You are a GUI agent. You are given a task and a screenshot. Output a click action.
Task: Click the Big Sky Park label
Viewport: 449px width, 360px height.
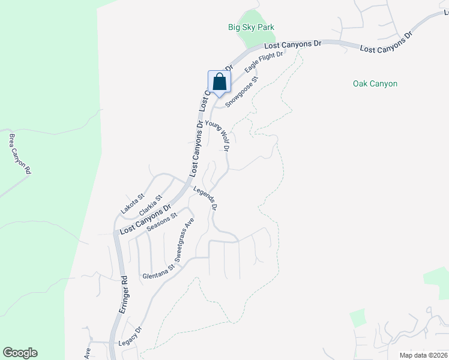[x=251, y=27]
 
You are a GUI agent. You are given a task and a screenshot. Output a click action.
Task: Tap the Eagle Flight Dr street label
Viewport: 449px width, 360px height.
[x=264, y=62]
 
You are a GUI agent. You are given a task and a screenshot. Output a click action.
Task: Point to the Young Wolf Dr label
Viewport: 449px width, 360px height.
[x=218, y=136]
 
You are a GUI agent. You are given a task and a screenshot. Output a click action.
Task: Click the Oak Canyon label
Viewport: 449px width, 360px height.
[x=375, y=83]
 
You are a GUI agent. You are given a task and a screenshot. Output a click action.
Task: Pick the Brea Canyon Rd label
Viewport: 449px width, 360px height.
[x=20, y=154]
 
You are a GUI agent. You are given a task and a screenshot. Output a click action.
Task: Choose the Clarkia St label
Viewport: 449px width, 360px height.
[x=151, y=205]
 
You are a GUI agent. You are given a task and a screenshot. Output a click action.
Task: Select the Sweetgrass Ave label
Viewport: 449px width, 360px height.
[x=185, y=240]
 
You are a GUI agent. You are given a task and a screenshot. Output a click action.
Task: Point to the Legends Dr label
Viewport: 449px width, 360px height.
[x=205, y=198]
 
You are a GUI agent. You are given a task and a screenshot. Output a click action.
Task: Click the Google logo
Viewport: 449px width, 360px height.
[x=20, y=353]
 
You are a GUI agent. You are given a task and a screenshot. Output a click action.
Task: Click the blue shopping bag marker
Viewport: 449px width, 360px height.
[x=219, y=82]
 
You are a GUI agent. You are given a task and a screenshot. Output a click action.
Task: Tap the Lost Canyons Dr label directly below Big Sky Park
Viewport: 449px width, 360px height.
[x=293, y=44]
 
